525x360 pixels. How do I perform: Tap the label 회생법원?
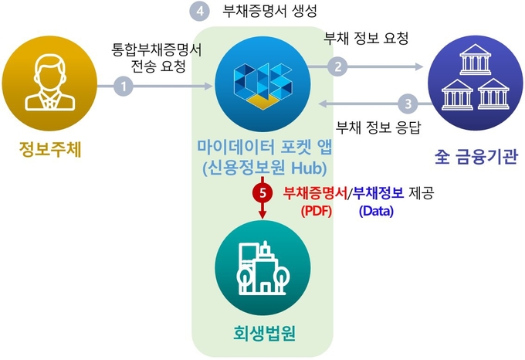264,333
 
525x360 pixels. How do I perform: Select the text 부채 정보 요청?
366,37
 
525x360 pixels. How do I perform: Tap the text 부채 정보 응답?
378,127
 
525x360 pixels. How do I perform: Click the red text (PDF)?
314,210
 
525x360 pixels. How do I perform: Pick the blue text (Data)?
376,210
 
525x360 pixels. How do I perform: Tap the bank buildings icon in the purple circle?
473,79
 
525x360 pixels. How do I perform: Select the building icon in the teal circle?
263,267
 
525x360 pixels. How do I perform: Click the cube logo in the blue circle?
262,78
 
